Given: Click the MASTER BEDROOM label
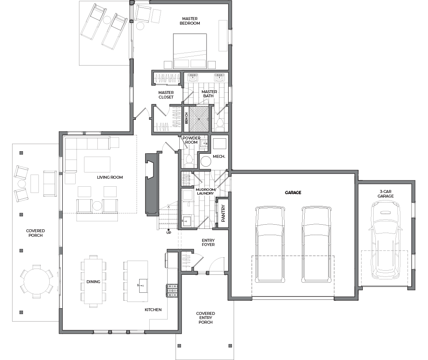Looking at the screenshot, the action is [x=190, y=21].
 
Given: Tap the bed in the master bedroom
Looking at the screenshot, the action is [x=190, y=51].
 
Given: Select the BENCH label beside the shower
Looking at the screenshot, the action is [x=186, y=118].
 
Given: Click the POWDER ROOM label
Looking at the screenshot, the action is [x=191, y=140].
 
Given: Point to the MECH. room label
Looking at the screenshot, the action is [x=219, y=157].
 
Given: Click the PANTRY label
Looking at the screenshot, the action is [x=223, y=213].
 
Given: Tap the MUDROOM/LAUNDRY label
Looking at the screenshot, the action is [x=206, y=191].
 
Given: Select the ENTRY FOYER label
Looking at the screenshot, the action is [x=208, y=243].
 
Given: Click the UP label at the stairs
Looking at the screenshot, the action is [x=169, y=233].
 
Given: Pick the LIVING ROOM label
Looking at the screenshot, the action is [x=110, y=177].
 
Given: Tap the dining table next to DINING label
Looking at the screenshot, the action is [x=93, y=281].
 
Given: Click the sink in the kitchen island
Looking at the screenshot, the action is [x=143, y=286].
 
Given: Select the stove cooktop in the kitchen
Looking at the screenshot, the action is [x=172, y=291].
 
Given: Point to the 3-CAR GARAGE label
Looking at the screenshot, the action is [x=385, y=194].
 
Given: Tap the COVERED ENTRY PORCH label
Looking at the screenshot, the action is [x=206, y=318].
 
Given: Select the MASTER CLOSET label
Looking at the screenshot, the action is [x=166, y=95].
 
